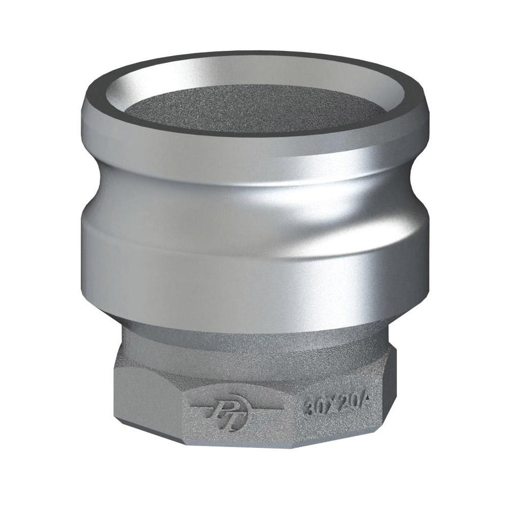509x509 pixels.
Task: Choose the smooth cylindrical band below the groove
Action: pyautogui.click(x=254, y=267)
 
